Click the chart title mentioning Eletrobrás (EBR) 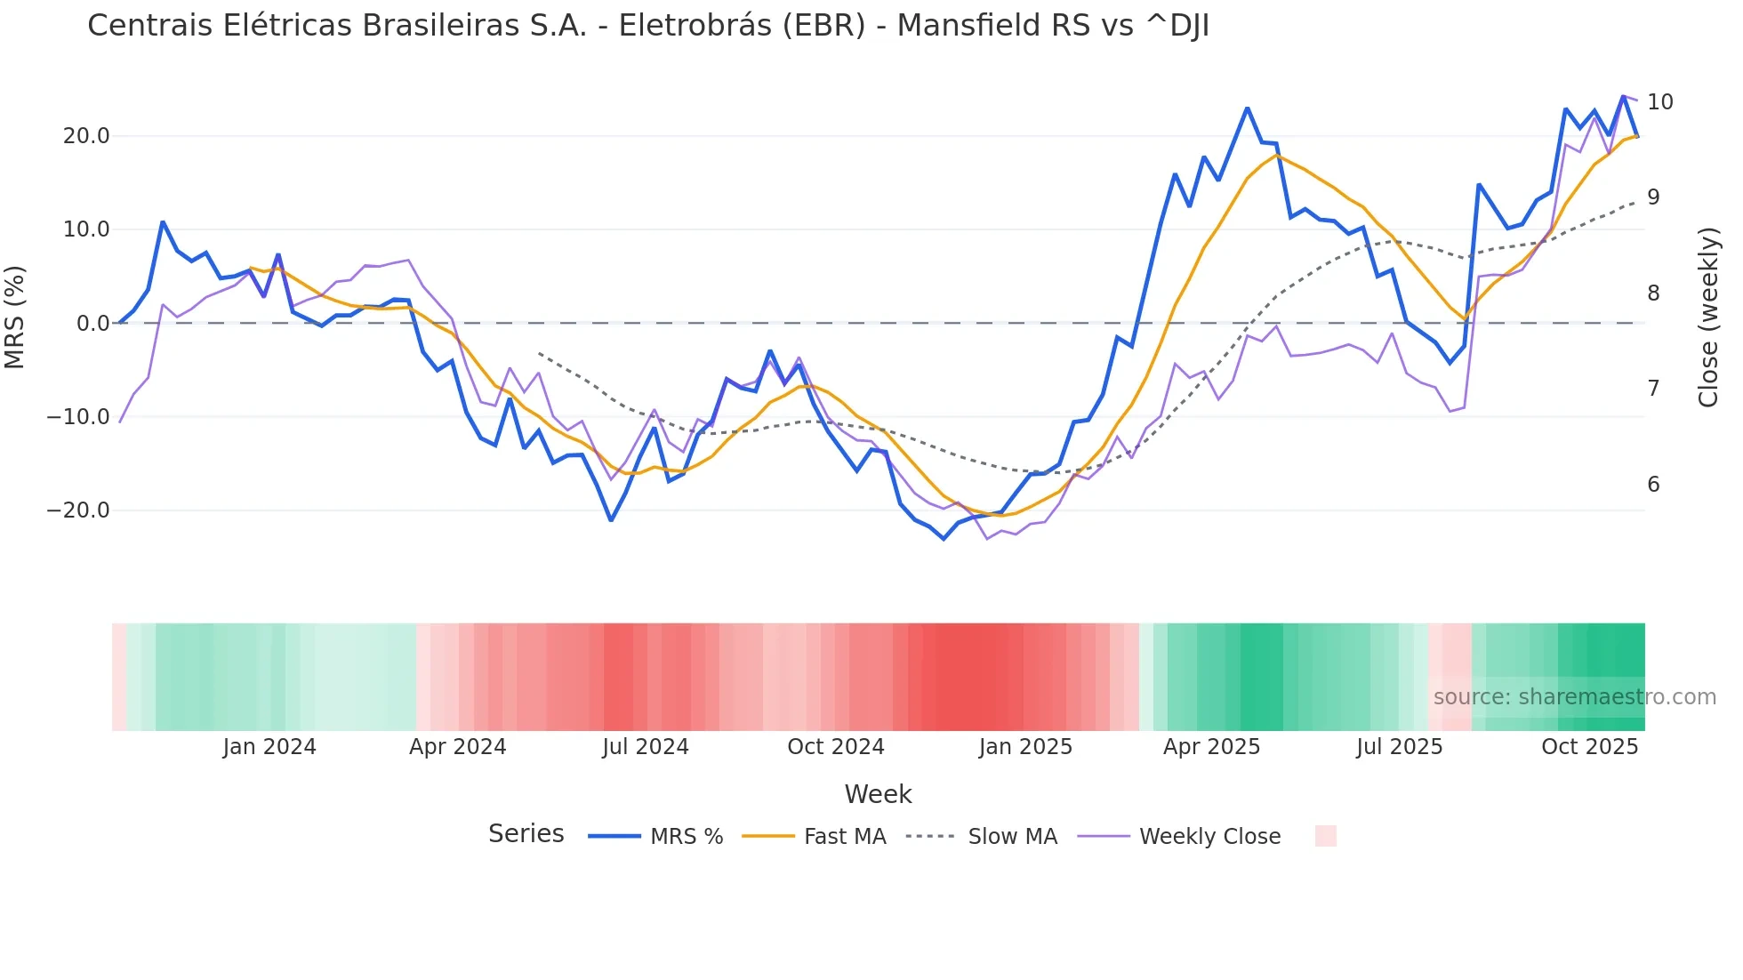(x=647, y=26)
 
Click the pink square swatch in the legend (x=1325, y=836)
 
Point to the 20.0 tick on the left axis (x=86, y=136)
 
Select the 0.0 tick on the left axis (x=92, y=324)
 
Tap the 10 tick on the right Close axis (x=1659, y=102)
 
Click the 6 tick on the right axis (x=1653, y=485)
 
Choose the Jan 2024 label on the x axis (x=269, y=747)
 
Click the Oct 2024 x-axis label (x=835, y=747)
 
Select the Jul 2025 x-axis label (x=1399, y=747)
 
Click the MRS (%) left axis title (x=15, y=317)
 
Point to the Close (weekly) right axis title (x=1707, y=317)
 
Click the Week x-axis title (x=878, y=794)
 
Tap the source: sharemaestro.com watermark (x=1574, y=697)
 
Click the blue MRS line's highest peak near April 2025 (x=1247, y=108)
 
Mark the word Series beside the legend (x=526, y=834)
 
